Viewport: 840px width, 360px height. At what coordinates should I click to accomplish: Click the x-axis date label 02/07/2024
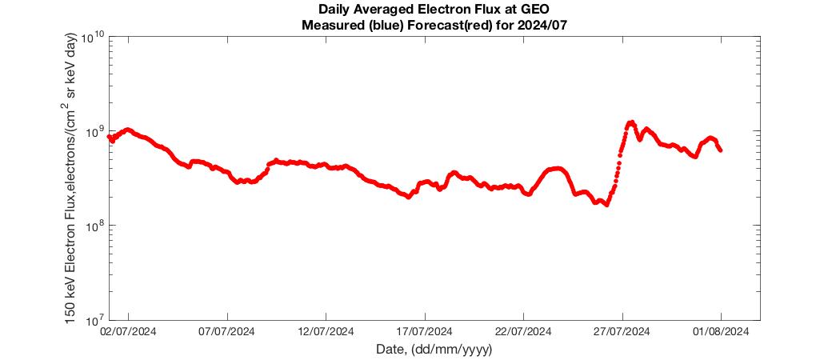click(x=129, y=332)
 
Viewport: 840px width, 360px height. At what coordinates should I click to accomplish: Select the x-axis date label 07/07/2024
click(x=228, y=332)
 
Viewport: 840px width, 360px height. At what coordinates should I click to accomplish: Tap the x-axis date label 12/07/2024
click(x=326, y=332)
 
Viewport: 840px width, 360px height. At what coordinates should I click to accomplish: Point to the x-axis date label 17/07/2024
click(x=425, y=332)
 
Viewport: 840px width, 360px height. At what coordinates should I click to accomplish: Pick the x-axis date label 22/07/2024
click(x=523, y=332)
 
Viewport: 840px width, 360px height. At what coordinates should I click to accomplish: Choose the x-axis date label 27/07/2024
click(x=622, y=332)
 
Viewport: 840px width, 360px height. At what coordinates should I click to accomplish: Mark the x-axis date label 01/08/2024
click(x=721, y=332)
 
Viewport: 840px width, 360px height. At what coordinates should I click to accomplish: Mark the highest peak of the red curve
click(x=632, y=122)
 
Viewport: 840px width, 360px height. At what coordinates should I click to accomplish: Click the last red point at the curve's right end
click(x=721, y=150)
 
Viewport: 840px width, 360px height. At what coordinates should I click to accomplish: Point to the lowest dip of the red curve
click(x=606, y=205)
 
